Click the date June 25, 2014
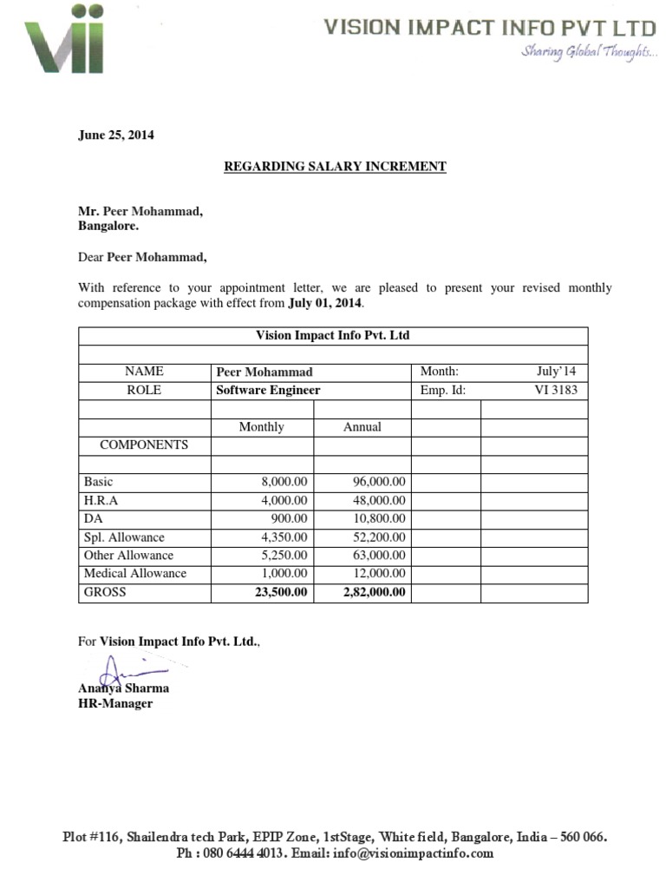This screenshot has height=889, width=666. (x=116, y=135)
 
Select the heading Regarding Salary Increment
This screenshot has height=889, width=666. (x=335, y=166)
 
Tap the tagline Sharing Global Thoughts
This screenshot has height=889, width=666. (x=587, y=53)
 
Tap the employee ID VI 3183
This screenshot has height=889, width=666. (x=555, y=390)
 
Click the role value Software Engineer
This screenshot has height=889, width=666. (x=268, y=390)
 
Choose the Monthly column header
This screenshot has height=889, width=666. (x=261, y=426)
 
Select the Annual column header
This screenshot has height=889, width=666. (x=362, y=426)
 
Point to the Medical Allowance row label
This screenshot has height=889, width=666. (x=134, y=573)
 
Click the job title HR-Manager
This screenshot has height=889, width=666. (x=115, y=703)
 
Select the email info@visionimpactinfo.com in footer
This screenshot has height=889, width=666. (x=416, y=853)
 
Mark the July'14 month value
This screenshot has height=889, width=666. (x=556, y=372)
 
